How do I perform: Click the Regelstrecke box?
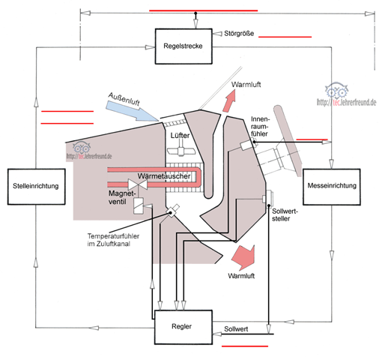coord(184,46)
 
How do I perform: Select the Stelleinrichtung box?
coord(37,187)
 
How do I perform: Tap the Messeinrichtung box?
coord(332,187)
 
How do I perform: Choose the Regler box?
coord(184,327)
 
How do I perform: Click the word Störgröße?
coord(239,34)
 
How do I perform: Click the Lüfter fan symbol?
coord(181,149)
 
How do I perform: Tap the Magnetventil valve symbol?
coord(138,184)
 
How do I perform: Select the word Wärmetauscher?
coord(164,176)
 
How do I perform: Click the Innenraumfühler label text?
coord(260,126)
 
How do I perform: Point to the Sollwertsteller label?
coord(285,215)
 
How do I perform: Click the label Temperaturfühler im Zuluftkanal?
coord(113,240)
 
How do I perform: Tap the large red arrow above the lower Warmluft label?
coord(243,257)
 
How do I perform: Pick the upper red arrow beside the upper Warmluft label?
coord(229,100)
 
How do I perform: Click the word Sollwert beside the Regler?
coord(236,329)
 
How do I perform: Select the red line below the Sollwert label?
coord(245,346)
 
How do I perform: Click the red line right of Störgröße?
coord(285,37)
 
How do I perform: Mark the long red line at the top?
coord(203,10)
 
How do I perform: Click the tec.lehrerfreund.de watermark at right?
coord(346,95)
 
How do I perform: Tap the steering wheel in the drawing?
coord(287,140)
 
